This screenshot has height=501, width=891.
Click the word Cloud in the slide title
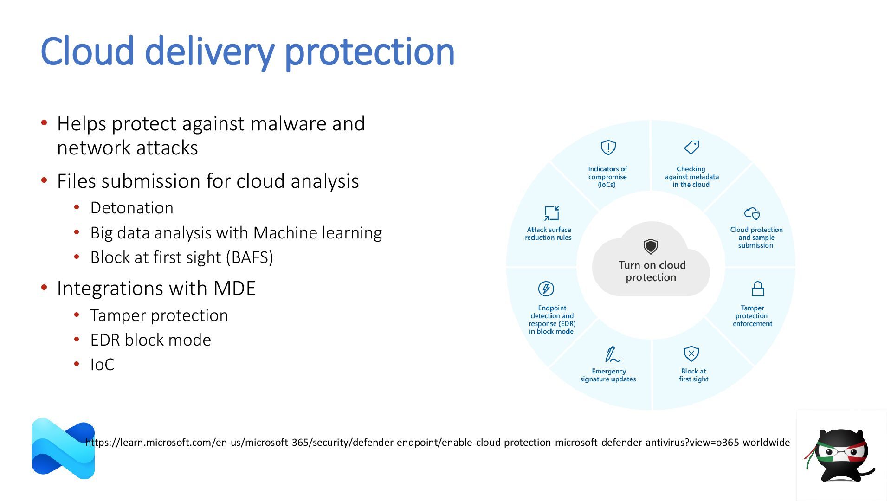[87, 51]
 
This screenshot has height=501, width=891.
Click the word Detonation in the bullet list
[132, 208]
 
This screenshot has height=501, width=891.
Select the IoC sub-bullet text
[102, 365]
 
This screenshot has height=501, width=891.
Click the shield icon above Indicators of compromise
[608, 148]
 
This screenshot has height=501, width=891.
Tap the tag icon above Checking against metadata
[691, 148]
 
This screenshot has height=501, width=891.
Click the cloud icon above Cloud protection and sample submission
[752, 213]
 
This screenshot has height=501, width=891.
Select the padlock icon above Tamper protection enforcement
[758, 289]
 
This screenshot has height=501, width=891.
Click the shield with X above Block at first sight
[691, 353]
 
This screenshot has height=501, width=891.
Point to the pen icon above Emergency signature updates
[612, 354]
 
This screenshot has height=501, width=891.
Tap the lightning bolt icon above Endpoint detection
[546, 289]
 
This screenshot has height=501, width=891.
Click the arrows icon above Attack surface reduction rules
[552, 213]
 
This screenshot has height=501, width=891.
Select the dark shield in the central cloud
[651, 246]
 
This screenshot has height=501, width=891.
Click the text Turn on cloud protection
[652, 271]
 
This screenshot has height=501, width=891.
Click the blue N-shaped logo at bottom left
[63, 449]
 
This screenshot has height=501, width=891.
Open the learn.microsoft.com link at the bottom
[438, 443]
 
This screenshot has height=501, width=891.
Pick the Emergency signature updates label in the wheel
[608, 375]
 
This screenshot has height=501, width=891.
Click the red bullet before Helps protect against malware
[45, 123]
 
